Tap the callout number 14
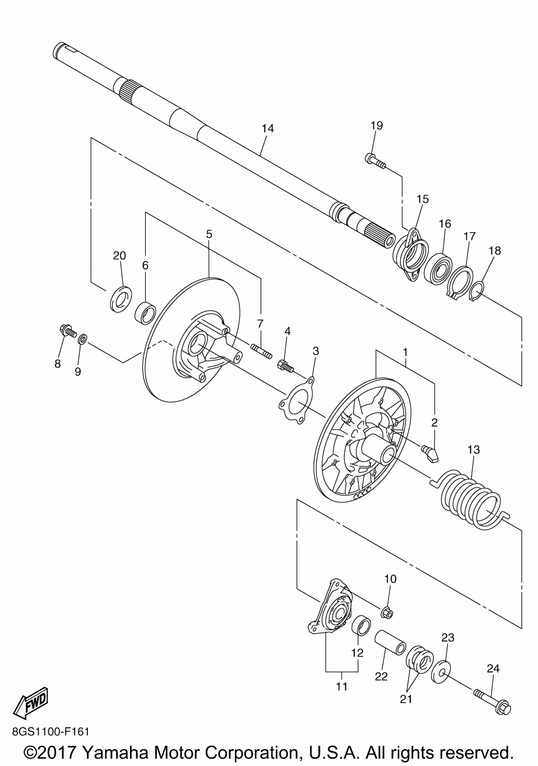coord(268,128)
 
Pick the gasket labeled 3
coord(297,399)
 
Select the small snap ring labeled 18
coord(477,290)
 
